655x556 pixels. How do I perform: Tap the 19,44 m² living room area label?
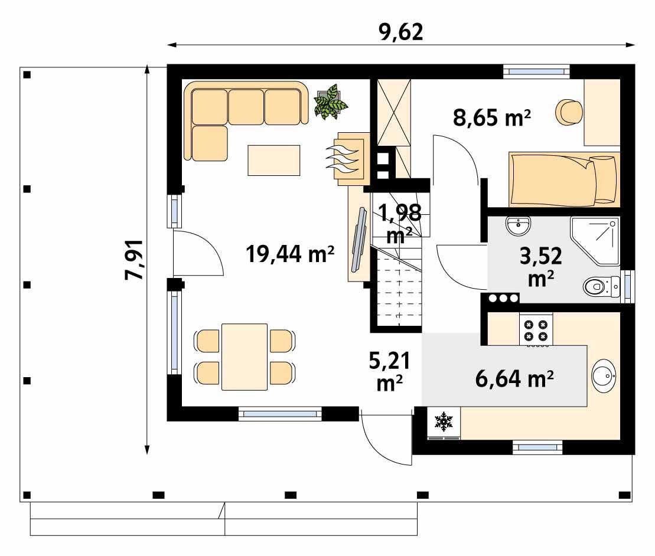point(290,254)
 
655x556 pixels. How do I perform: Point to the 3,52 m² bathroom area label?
point(540,267)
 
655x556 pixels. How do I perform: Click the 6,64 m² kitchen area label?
point(514,377)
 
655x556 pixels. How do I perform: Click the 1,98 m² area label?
point(399,223)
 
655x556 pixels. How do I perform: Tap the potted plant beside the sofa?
point(330,102)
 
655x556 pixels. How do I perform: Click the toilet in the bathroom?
point(599,287)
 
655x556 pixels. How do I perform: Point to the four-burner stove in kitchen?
point(536,330)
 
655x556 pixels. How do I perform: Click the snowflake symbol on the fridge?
point(443,421)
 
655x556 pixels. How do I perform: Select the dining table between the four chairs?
point(244,356)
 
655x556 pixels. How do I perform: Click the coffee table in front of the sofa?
point(273,160)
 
